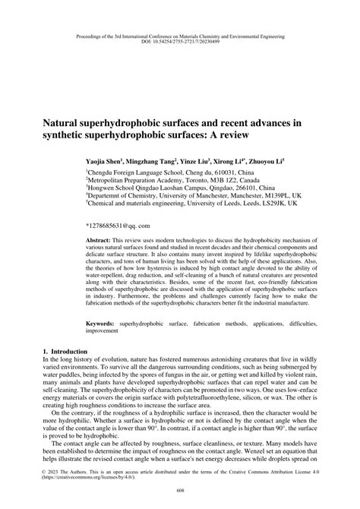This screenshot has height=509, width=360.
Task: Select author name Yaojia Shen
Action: pos(106,162)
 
